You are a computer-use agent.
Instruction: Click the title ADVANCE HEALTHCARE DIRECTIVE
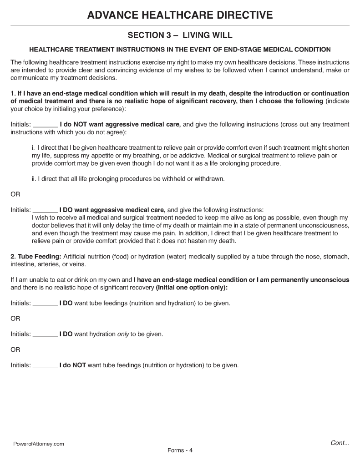(x=180, y=15)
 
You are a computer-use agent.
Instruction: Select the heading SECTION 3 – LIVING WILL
(x=180, y=35)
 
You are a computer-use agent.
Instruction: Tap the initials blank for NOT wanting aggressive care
(x=46, y=124)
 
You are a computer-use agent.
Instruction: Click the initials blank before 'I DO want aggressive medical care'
(x=46, y=210)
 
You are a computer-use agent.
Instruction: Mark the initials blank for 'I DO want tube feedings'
(x=46, y=303)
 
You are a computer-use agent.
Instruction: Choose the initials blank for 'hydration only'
(x=46, y=334)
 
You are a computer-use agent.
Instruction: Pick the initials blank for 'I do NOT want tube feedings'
(x=46, y=365)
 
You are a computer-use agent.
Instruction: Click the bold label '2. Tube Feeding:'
(x=36, y=257)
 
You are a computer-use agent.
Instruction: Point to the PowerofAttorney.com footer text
(x=38, y=444)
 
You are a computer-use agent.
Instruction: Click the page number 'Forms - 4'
(x=180, y=450)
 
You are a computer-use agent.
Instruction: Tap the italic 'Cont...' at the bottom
(x=340, y=442)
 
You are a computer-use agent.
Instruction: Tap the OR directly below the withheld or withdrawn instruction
(x=15, y=194)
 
